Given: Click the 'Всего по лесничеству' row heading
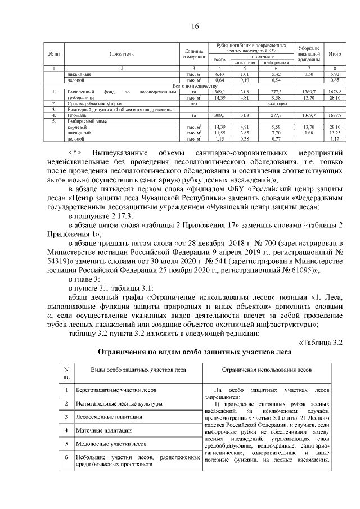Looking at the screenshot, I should [x=195, y=85].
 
